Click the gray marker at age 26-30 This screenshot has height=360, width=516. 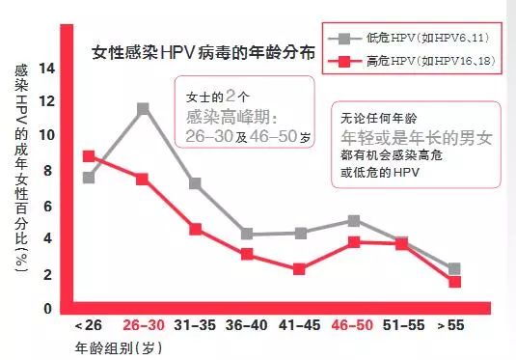pyautogui.click(x=143, y=108)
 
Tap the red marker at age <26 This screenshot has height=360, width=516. pyautogui.click(x=89, y=155)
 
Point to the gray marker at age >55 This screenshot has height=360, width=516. pyautogui.click(x=454, y=268)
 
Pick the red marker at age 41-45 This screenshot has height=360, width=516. pyautogui.click(x=300, y=269)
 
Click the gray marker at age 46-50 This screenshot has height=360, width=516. pyautogui.click(x=354, y=220)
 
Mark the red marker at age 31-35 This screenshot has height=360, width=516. pyautogui.click(x=195, y=229)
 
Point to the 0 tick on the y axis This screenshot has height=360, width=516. pyautogui.click(x=47, y=309)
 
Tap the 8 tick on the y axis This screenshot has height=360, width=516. pyautogui.click(x=47, y=172)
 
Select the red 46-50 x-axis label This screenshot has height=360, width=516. pyautogui.click(x=353, y=326)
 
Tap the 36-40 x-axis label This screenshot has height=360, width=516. pyautogui.click(x=247, y=326)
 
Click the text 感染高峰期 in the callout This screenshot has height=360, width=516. pyautogui.click(x=231, y=118)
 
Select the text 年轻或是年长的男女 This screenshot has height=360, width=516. pyautogui.click(x=417, y=137)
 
